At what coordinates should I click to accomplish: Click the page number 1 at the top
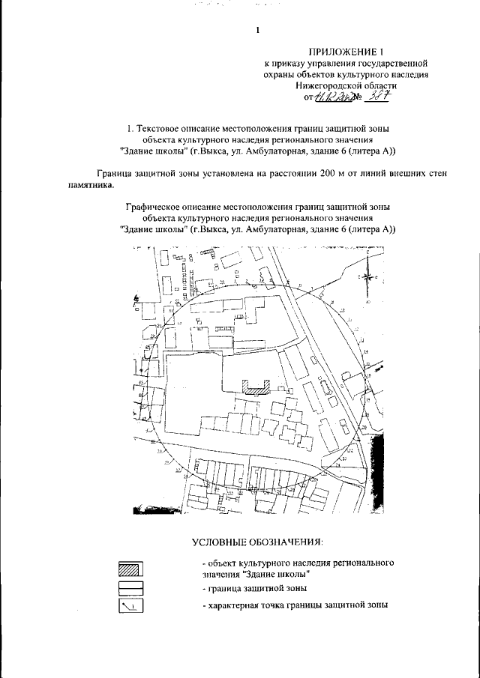(257, 31)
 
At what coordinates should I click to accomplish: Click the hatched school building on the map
(256, 387)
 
